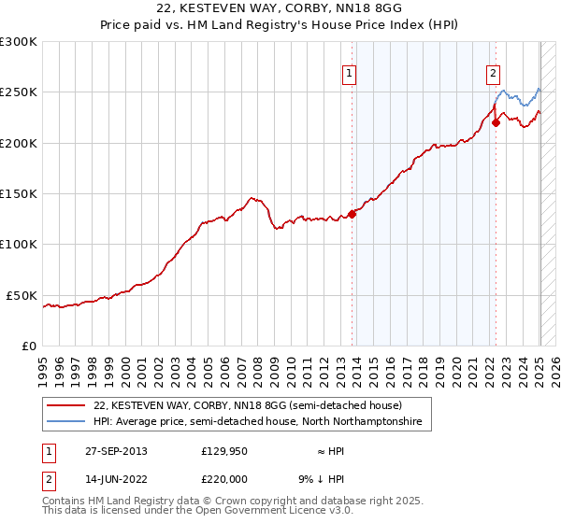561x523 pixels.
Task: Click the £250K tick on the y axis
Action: [20, 92]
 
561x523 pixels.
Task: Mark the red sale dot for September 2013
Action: [352, 214]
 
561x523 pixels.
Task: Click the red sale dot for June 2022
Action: [496, 122]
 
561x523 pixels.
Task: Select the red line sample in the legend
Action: [65, 406]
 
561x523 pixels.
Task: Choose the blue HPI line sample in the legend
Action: [65, 422]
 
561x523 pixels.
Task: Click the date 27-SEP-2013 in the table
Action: [116, 451]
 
